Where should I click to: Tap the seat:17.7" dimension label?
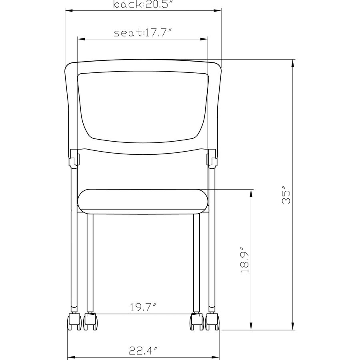pos(142,33)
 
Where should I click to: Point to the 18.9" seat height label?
pos(244,260)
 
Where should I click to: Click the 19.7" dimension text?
pos(143,307)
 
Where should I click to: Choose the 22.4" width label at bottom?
pos(143,350)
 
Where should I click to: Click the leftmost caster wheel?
pos(74,322)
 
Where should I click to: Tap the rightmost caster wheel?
pos(212,322)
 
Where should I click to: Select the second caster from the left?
pos(90,322)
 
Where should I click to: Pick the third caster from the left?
pos(197,322)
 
